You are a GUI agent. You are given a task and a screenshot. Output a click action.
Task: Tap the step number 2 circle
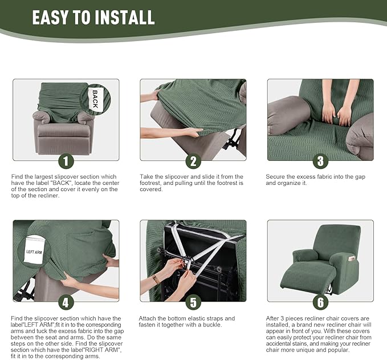click(x=193, y=161)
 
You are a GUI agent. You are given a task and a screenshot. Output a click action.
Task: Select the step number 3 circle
click(x=320, y=161)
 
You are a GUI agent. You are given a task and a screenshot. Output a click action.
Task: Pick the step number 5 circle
click(x=193, y=302)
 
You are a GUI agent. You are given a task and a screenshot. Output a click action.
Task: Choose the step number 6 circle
click(x=320, y=302)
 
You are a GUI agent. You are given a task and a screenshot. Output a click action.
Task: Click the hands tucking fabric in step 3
click(x=336, y=114)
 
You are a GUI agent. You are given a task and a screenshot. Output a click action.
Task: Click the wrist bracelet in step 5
click(x=156, y=280)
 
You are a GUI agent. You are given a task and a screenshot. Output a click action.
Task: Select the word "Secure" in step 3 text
click(x=276, y=177)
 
